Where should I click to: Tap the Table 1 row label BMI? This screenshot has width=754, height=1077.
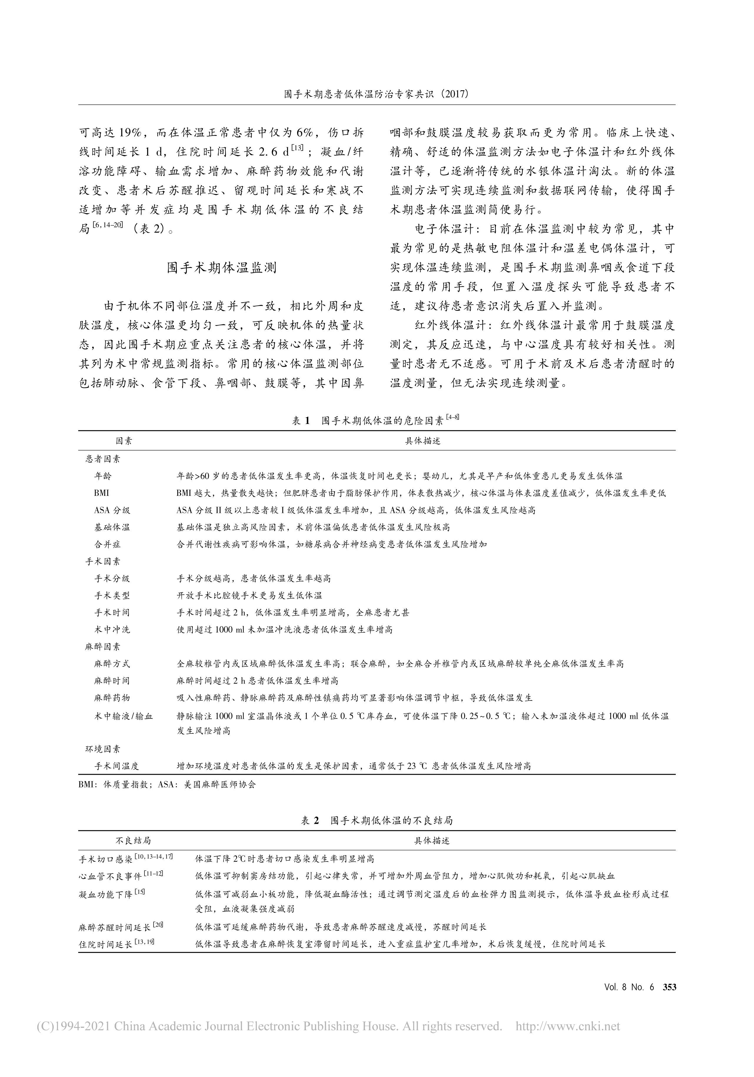[x=101, y=493]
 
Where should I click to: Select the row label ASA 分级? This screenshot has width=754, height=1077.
[x=112, y=510]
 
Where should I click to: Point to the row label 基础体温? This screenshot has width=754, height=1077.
[x=112, y=527]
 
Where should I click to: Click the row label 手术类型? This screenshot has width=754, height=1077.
[x=112, y=595]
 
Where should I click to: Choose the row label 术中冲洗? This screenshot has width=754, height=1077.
[x=112, y=629]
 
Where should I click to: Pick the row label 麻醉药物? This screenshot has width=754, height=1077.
[x=112, y=698]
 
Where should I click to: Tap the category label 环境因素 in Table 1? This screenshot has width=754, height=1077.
[x=102, y=749]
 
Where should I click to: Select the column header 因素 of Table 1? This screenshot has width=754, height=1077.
[x=124, y=441]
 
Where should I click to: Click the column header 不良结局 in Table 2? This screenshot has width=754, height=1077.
[x=133, y=841]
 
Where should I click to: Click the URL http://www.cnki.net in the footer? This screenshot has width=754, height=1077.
[x=568, y=1026]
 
